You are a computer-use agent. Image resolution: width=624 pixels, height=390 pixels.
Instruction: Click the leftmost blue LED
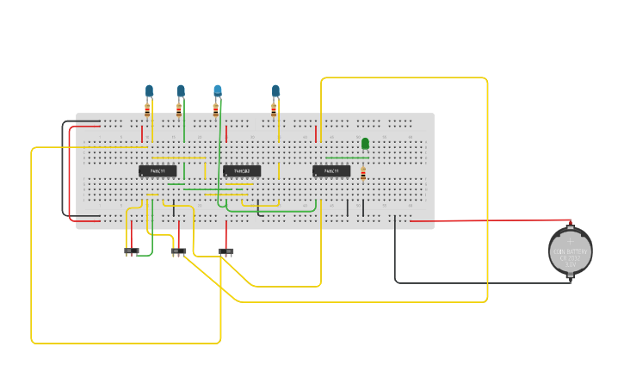tap(149, 90)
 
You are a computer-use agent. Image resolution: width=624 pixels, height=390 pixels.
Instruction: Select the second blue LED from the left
tap(181, 90)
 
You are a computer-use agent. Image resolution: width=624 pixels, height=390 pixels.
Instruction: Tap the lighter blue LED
tap(218, 90)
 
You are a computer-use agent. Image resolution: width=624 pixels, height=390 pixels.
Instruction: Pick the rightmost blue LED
tap(275, 90)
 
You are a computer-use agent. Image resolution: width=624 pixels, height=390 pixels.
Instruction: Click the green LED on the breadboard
tap(365, 143)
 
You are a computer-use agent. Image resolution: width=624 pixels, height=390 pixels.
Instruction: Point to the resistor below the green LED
tap(363, 174)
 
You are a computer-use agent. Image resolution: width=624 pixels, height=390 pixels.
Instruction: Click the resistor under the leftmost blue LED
tap(147, 109)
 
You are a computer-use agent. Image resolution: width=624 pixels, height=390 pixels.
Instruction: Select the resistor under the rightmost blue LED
tap(274, 109)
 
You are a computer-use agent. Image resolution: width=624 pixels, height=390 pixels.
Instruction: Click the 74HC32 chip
tap(242, 171)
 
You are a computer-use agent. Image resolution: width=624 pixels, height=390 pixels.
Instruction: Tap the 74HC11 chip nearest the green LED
tap(331, 171)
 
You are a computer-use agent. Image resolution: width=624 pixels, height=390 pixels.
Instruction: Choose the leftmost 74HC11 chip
tap(158, 171)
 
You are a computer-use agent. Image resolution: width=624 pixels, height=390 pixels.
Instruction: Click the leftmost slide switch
tap(131, 251)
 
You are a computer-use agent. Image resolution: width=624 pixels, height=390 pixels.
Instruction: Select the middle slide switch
tap(178, 251)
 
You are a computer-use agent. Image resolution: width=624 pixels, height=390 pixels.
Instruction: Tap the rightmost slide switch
tap(226, 251)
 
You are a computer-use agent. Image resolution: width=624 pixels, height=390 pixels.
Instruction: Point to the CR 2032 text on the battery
tap(571, 257)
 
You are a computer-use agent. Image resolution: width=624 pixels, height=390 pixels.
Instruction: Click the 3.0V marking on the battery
tap(571, 264)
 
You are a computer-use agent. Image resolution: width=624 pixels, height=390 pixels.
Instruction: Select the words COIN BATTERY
tap(571, 250)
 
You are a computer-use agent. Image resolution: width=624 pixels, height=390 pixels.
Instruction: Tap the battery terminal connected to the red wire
tap(570, 226)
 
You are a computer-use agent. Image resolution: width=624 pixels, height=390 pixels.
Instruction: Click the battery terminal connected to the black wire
tap(570, 276)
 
